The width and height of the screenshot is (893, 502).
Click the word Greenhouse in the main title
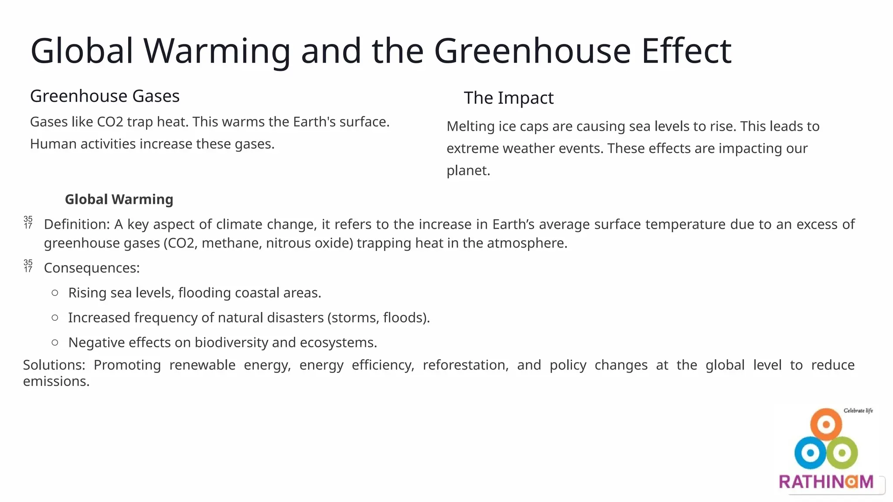coord(532,51)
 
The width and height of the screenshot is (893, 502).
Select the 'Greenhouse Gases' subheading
coord(105,96)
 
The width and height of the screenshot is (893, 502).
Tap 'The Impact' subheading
coord(508,98)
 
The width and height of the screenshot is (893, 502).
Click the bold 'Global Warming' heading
coord(119,199)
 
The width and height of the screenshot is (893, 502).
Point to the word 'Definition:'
coord(77,224)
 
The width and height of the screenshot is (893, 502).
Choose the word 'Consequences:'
coord(92,268)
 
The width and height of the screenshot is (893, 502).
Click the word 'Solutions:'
coord(54,365)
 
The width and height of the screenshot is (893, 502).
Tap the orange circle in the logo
coord(826,424)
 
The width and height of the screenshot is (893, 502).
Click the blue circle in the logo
coord(810,453)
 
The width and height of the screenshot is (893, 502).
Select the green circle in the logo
coord(842,453)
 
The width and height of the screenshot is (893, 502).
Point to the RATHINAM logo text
coord(826,482)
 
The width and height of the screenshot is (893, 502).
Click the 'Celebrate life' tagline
coord(858,410)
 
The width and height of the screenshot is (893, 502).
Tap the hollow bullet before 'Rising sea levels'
coord(55,293)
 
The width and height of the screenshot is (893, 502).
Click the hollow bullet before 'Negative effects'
coord(55,343)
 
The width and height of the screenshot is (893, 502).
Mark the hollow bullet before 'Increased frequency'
coord(55,318)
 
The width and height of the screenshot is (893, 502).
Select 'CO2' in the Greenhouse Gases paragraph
coord(110,122)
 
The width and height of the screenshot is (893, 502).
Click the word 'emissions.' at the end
coord(56,381)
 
